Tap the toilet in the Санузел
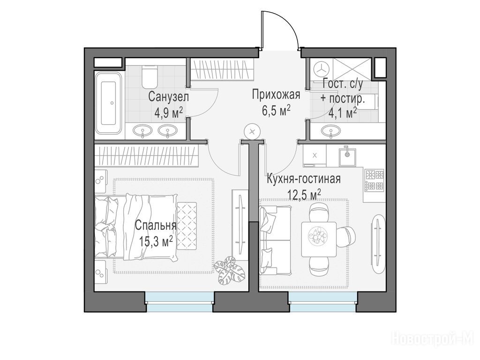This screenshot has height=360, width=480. click(x=150, y=77)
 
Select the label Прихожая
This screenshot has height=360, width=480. click(x=276, y=95)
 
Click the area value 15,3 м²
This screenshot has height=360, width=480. click(x=156, y=242)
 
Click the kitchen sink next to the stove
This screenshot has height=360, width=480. click(x=347, y=155)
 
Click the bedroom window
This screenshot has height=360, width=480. click(x=179, y=302)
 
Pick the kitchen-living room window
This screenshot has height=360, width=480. click(x=322, y=302)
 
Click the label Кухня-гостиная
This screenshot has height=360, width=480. click(x=304, y=179)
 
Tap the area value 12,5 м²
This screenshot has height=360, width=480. click(x=304, y=194)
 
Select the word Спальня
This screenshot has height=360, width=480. click(x=156, y=226)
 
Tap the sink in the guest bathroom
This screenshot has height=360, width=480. click(x=331, y=131)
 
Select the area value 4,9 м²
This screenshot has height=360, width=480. click(x=169, y=113)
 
